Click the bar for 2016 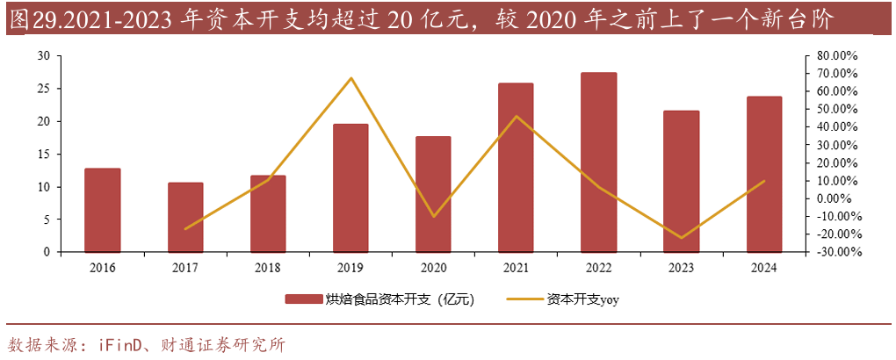pos(102,210)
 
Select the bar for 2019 pos(350,188)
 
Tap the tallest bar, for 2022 pos(599,162)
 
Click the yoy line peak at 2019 pos(350,78)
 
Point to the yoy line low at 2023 pos(682,238)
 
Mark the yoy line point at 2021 pos(517,116)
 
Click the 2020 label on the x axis pos(433,267)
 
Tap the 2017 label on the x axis pos(184,267)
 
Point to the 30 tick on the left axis pos(44,55)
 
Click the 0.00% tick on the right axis pos(840,198)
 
